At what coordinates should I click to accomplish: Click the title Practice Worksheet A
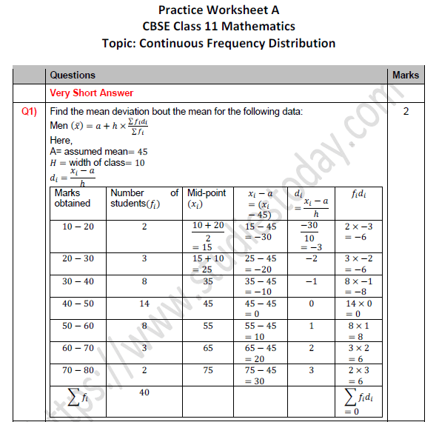pyautogui.click(x=219, y=10)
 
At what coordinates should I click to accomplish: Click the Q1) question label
pyautogui.click(x=30, y=112)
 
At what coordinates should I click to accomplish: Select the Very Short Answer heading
pyautogui.click(x=91, y=93)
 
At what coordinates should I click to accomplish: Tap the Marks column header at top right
pyautogui.click(x=405, y=75)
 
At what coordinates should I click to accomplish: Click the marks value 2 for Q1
pyautogui.click(x=406, y=113)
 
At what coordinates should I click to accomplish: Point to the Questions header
pyautogui.click(x=73, y=75)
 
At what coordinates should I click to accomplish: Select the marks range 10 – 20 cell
pyautogui.click(x=78, y=227)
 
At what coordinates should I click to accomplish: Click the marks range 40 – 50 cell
pyautogui.click(x=78, y=304)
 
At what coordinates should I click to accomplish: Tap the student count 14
pyautogui.click(x=144, y=304)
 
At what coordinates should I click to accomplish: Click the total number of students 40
pyautogui.click(x=144, y=393)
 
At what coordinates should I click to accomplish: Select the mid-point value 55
pyautogui.click(x=208, y=326)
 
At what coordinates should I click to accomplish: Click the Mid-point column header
pyautogui.click(x=207, y=198)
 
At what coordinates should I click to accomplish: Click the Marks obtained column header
pyautogui.click(x=73, y=198)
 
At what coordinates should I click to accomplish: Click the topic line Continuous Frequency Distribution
pyautogui.click(x=218, y=43)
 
